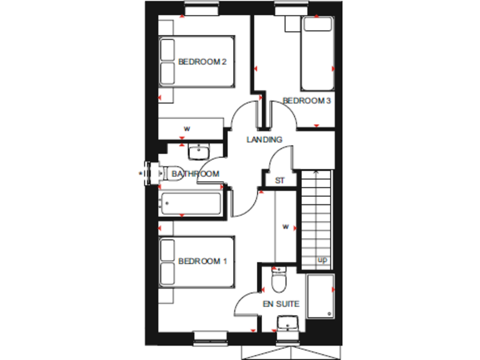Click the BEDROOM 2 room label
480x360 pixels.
(201, 62)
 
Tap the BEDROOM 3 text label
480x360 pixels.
(306, 101)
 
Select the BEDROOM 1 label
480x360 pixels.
(202, 261)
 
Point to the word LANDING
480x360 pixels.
(264, 139)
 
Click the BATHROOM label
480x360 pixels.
(196, 174)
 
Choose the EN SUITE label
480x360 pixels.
(280, 304)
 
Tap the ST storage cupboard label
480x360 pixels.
(280, 181)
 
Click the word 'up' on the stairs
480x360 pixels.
(322, 259)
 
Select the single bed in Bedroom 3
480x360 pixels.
(317, 54)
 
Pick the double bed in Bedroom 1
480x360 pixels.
(196, 262)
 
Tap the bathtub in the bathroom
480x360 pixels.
(190, 203)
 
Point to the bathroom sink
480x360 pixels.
(198, 151)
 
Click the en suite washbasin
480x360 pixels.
(288, 322)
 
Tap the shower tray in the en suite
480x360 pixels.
(320, 298)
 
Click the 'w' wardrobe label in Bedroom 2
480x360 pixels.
(186, 129)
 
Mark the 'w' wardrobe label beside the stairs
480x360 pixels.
(285, 226)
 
